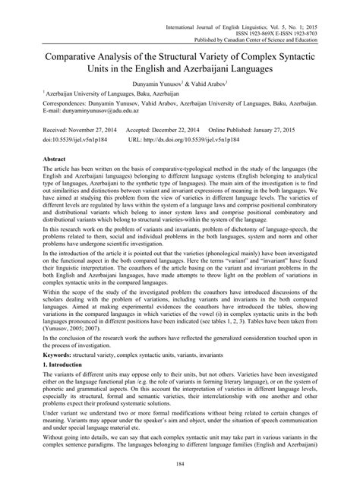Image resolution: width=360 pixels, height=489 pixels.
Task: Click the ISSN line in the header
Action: [x=292, y=15]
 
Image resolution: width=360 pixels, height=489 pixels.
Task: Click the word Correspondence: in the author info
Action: [x=39, y=99]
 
